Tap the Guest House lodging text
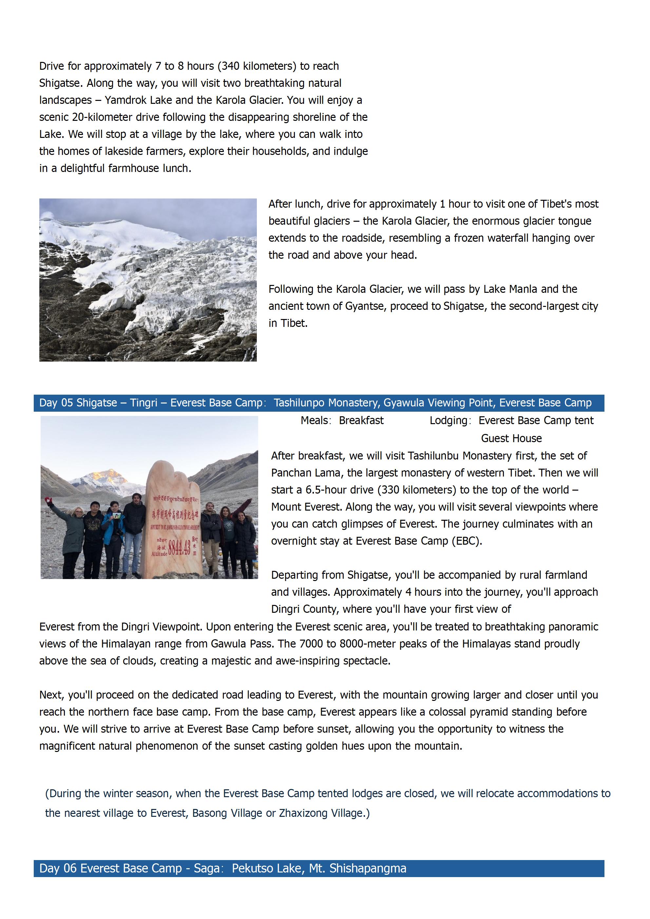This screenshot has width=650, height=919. tap(511, 438)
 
